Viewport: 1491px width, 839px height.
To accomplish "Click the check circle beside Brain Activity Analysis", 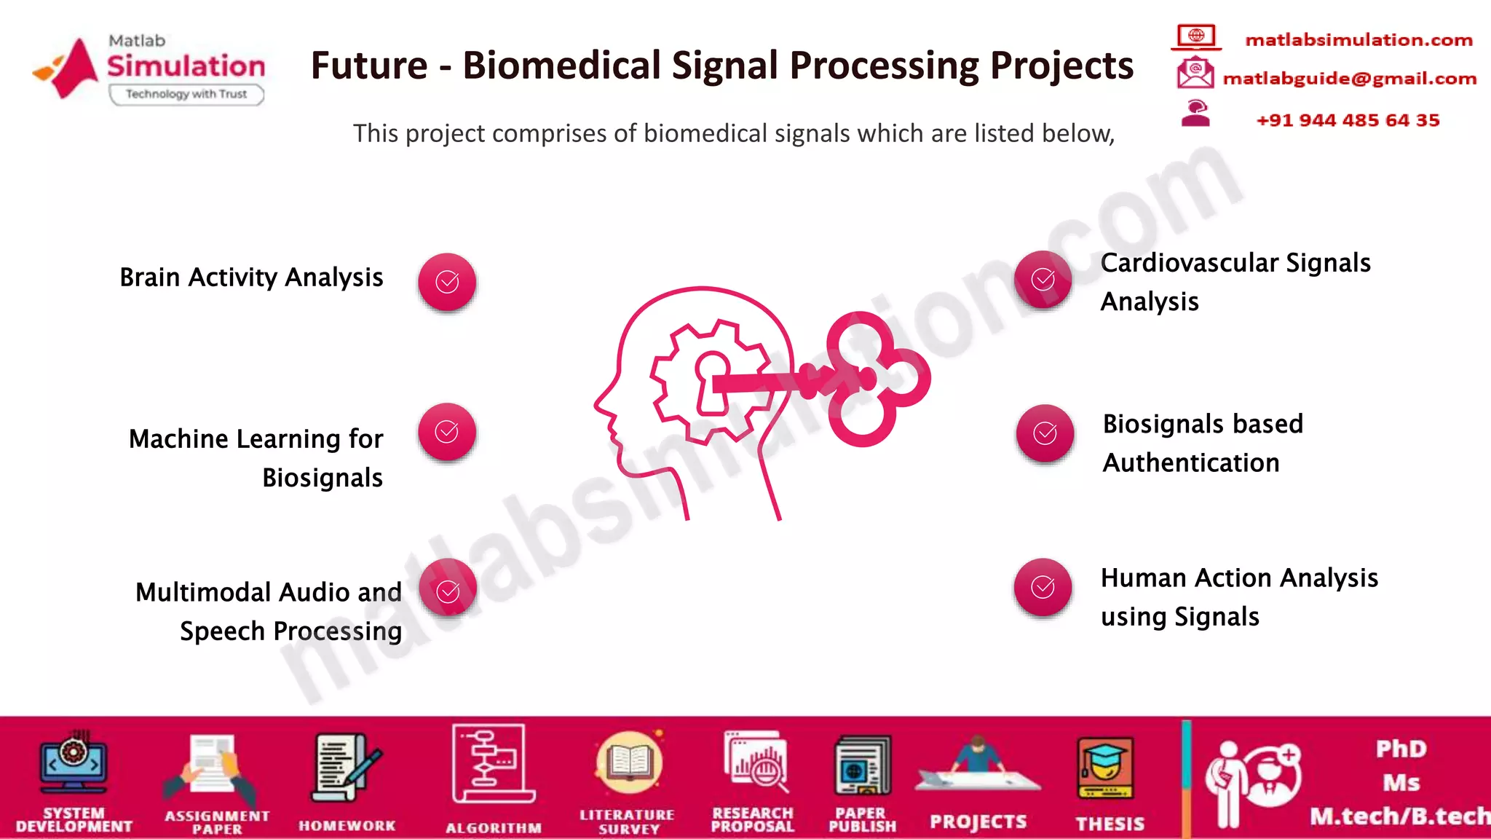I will [x=447, y=282].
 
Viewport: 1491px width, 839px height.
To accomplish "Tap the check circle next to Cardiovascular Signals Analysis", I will [x=1043, y=280].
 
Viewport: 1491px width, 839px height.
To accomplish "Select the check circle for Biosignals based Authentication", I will [x=1045, y=434].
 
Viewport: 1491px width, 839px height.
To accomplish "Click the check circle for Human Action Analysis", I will [x=1043, y=588].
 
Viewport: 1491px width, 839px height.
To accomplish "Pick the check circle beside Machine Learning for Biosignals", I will [x=447, y=432].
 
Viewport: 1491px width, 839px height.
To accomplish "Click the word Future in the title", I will [x=369, y=66].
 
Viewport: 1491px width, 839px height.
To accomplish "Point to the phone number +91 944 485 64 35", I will [x=1348, y=120].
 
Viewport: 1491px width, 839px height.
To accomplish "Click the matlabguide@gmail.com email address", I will [x=1349, y=79].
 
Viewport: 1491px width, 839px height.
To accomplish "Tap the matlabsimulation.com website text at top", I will [x=1358, y=39].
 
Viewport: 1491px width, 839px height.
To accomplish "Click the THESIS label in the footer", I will [x=1110, y=824].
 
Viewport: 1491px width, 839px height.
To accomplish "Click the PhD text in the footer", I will [x=1401, y=749].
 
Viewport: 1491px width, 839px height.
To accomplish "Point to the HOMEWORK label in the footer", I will [x=347, y=825].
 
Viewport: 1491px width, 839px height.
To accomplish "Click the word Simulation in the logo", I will [x=186, y=66].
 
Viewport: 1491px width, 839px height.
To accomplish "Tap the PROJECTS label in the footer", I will [x=978, y=822].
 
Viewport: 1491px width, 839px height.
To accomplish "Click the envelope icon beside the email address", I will [x=1195, y=74].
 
